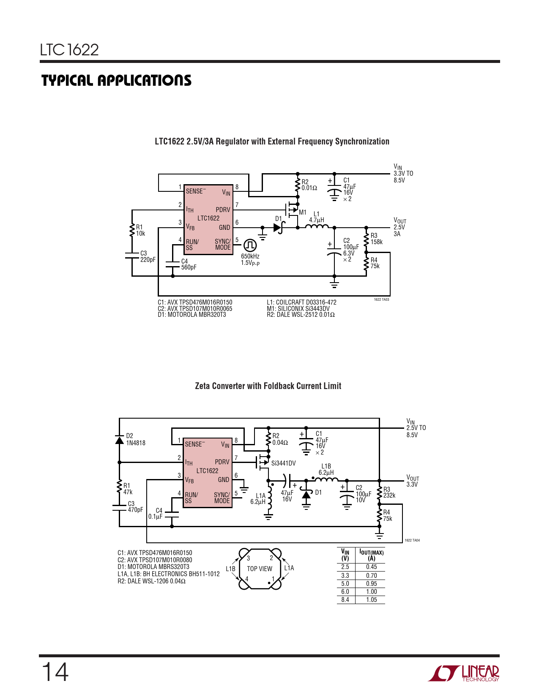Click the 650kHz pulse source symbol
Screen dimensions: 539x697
[250, 245]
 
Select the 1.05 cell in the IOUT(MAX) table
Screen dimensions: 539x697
[372, 599]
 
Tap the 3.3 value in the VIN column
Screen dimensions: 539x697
[345, 576]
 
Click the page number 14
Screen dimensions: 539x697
[55, 672]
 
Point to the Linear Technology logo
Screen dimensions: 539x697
[463, 673]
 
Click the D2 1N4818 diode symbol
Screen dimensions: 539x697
[119, 440]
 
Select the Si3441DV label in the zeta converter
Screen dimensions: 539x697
[284, 463]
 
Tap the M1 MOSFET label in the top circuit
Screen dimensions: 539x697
[303, 212]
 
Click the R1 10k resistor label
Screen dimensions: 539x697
[140, 230]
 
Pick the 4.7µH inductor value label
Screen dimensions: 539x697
[317, 220]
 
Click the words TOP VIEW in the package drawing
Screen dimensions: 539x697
[260, 569]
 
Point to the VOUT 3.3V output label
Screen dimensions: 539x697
[413, 481]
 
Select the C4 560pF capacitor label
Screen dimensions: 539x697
[189, 264]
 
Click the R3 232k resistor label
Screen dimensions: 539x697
[389, 493]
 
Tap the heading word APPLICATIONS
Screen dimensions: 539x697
[145, 81]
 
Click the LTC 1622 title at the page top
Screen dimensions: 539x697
[69, 50]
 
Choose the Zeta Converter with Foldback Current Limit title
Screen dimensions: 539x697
[268, 386]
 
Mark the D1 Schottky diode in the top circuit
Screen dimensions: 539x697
[279, 228]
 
